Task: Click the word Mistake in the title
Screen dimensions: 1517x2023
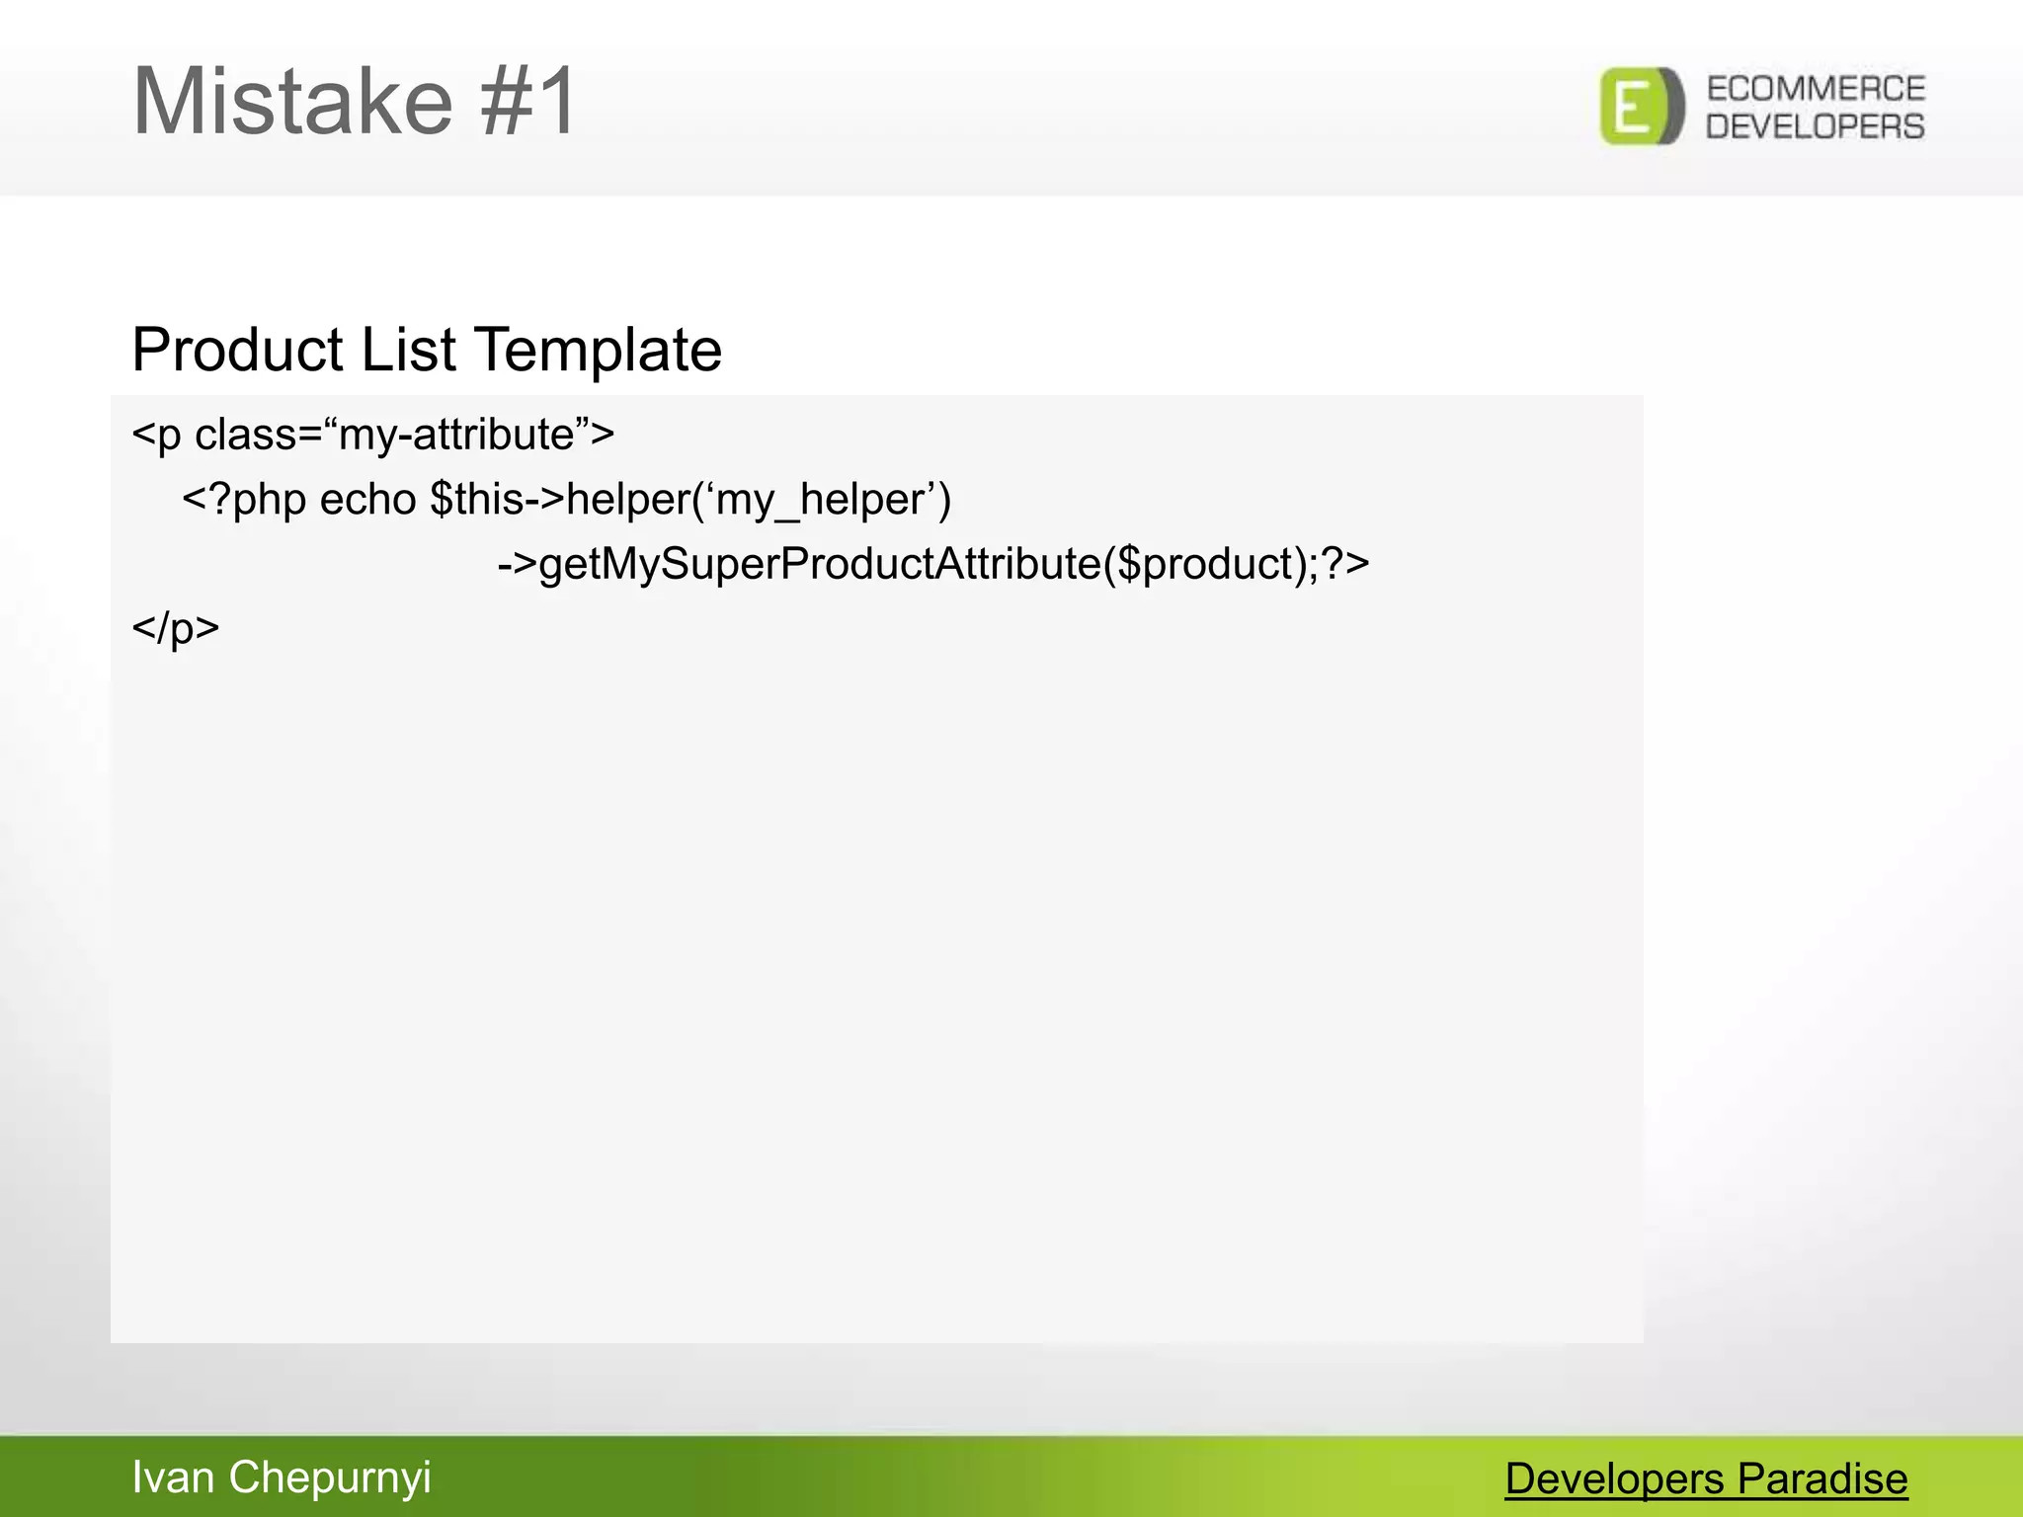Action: coord(291,101)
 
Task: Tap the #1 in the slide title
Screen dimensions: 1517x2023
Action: coord(528,101)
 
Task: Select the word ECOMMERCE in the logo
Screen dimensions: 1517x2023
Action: coord(1816,89)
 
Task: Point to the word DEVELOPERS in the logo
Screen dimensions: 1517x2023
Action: coord(1816,126)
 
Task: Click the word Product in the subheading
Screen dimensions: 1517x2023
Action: coord(237,350)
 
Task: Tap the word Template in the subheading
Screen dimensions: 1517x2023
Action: coord(598,350)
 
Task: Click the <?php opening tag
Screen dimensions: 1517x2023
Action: coord(243,500)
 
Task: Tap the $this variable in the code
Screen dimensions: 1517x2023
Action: coord(476,500)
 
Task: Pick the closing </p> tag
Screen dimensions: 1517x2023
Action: coord(175,628)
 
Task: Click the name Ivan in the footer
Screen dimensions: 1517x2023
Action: coord(173,1477)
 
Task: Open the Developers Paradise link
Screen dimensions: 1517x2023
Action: coord(1706,1478)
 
